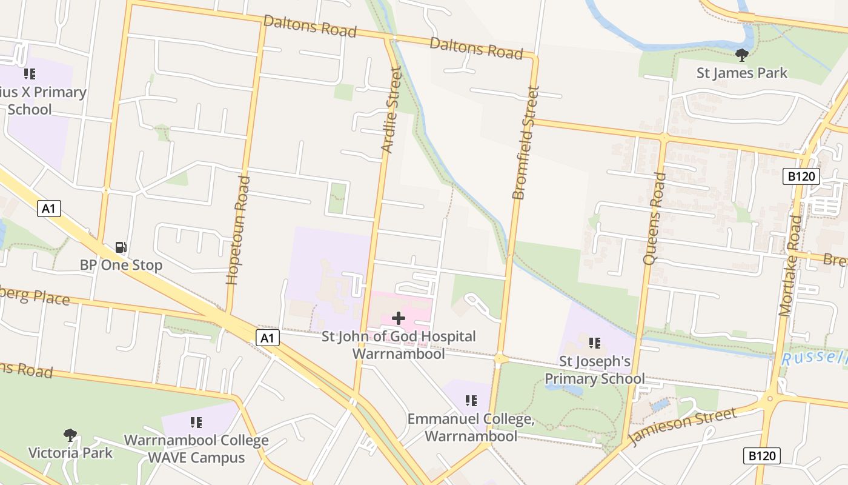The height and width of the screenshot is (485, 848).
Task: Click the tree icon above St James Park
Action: click(741, 55)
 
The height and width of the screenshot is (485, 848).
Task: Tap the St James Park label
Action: click(741, 73)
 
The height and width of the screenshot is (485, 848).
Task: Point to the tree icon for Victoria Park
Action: click(70, 435)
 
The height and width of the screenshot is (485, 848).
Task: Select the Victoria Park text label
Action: click(70, 452)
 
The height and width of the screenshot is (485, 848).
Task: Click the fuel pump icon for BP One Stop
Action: click(121, 247)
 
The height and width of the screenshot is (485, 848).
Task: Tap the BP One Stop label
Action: click(121, 265)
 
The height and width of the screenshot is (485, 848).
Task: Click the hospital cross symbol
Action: click(399, 318)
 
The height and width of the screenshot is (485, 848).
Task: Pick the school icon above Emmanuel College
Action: click(471, 400)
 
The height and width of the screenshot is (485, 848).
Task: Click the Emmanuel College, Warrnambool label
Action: click(471, 427)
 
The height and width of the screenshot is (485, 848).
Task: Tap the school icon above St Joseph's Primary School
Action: click(594, 343)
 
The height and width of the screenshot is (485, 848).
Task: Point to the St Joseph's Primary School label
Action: click(594, 370)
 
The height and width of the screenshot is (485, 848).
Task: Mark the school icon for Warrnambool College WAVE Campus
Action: click(196, 422)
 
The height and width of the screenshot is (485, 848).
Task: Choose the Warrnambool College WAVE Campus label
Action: click(196, 448)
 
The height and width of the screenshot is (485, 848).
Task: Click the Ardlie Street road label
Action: click(391, 110)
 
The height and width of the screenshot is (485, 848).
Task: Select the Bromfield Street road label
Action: click(525, 143)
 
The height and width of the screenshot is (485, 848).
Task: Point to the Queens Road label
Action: click(655, 218)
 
